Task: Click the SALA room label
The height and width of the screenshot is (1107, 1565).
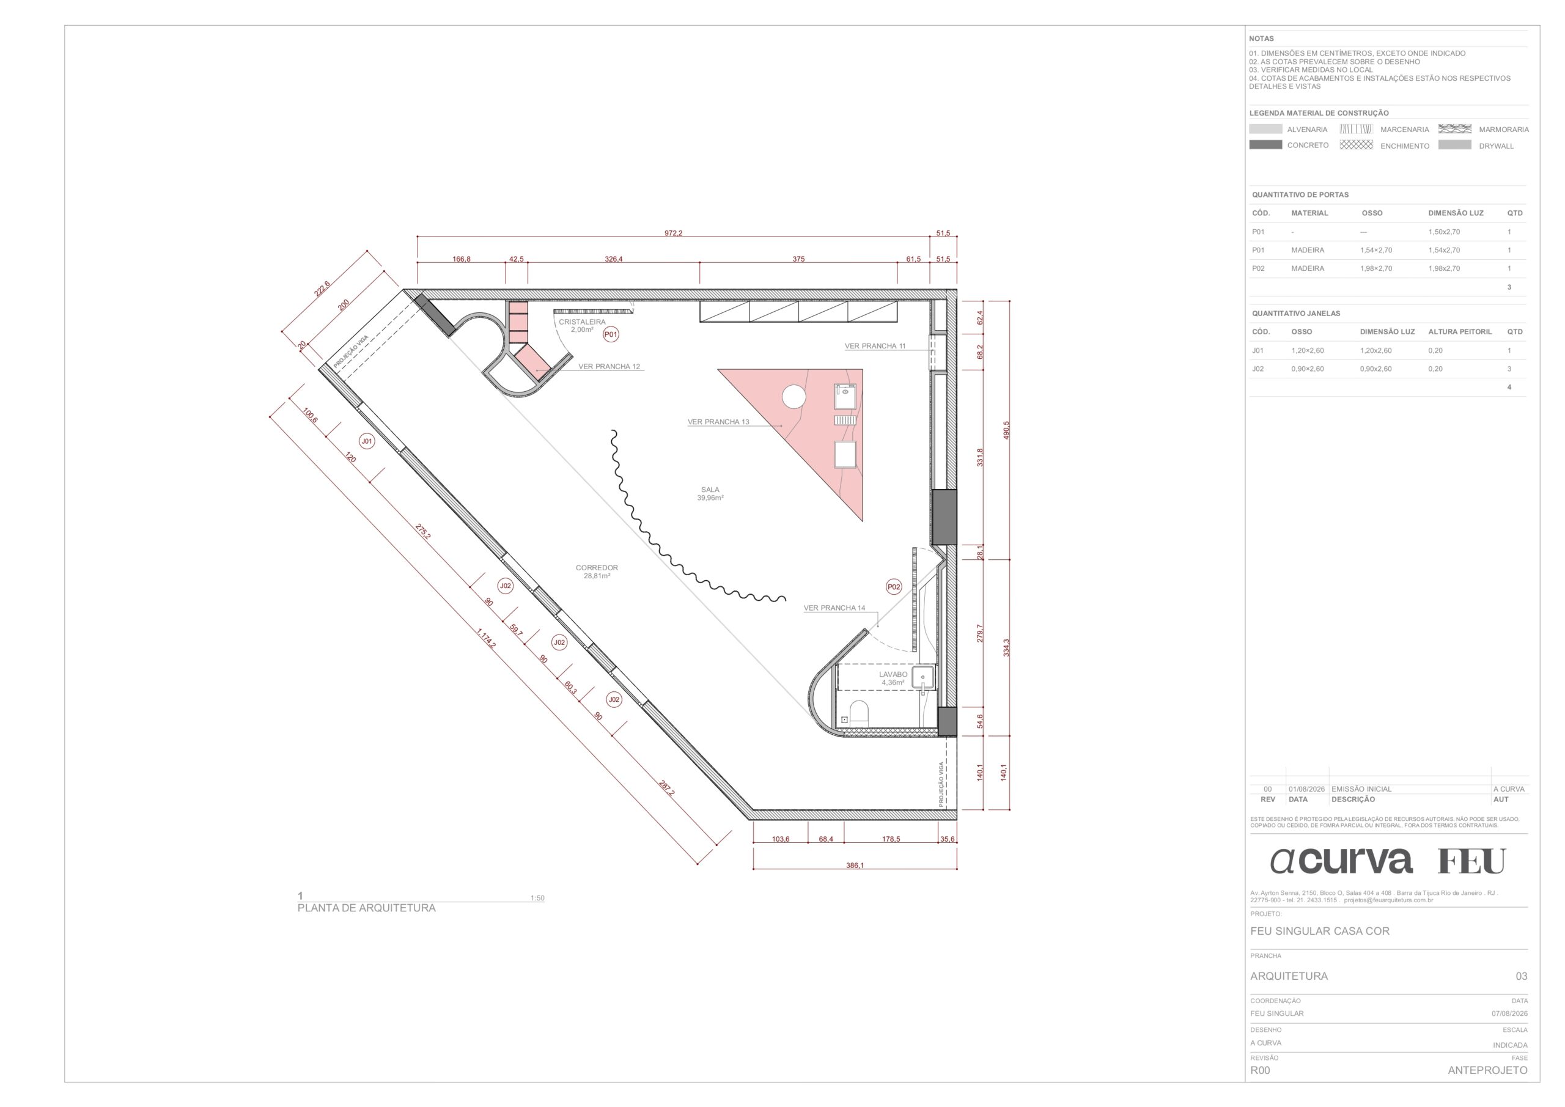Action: [x=710, y=490]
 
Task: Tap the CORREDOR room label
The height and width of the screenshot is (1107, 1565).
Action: [x=597, y=567]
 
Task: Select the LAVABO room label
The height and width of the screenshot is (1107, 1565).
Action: [x=893, y=674]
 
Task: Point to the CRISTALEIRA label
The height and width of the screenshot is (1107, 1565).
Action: [x=581, y=322]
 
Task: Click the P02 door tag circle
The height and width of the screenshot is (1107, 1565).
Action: [x=894, y=586]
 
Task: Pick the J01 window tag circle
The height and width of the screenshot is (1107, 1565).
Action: [x=367, y=441]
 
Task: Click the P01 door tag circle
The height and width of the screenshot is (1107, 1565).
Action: [x=611, y=334]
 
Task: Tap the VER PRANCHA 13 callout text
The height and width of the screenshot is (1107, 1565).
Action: [x=718, y=422]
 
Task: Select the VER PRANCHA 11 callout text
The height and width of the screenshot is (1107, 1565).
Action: [x=875, y=345]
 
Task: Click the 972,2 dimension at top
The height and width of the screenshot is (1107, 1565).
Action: [x=672, y=233]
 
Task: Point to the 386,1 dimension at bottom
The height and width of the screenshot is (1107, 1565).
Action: [x=854, y=865]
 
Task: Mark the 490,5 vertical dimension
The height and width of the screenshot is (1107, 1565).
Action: [x=1006, y=430]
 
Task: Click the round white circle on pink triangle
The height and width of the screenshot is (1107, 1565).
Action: [x=794, y=397]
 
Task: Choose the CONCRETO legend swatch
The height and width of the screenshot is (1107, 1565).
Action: [x=1265, y=144]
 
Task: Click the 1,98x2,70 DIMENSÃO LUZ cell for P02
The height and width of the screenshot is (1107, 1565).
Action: [x=1444, y=268]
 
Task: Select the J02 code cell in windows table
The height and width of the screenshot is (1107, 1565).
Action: [x=1258, y=369]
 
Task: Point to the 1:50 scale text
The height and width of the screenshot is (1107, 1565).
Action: [x=537, y=898]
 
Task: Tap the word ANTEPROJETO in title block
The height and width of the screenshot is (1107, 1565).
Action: [x=1487, y=1070]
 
